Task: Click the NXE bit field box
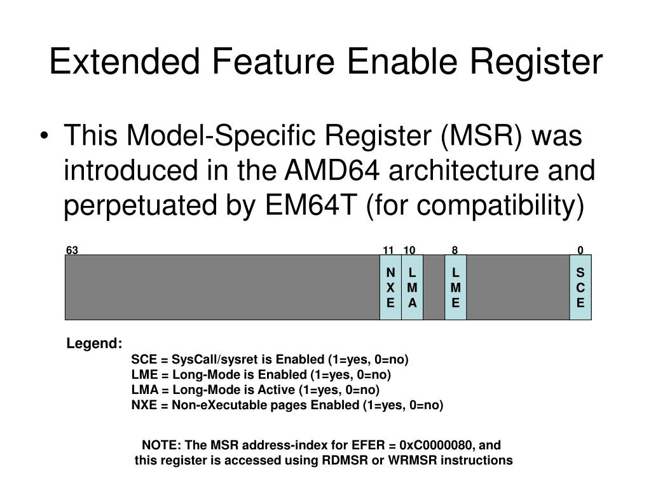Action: pyautogui.click(x=390, y=287)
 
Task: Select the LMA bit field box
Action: pyautogui.click(x=412, y=287)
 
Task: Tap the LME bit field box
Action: pyautogui.click(x=455, y=287)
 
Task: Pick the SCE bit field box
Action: pyautogui.click(x=580, y=287)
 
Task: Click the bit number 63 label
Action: pyautogui.click(x=72, y=250)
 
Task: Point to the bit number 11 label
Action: pyautogui.click(x=388, y=250)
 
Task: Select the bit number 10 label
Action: pyautogui.click(x=409, y=250)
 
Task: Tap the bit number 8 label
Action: pyautogui.click(x=455, y=250)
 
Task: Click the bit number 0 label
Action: pyautogui.click(x=580, y=250)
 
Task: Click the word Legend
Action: pyautogui.click(x=95, y=344)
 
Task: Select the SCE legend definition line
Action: pyautogui.click(x=270, y=360)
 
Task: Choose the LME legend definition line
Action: pyautogui.click(x=261, y=375)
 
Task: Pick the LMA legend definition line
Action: pyautogui.click(x=255, y=390)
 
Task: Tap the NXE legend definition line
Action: pyautogui.click(x=287, y=405)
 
